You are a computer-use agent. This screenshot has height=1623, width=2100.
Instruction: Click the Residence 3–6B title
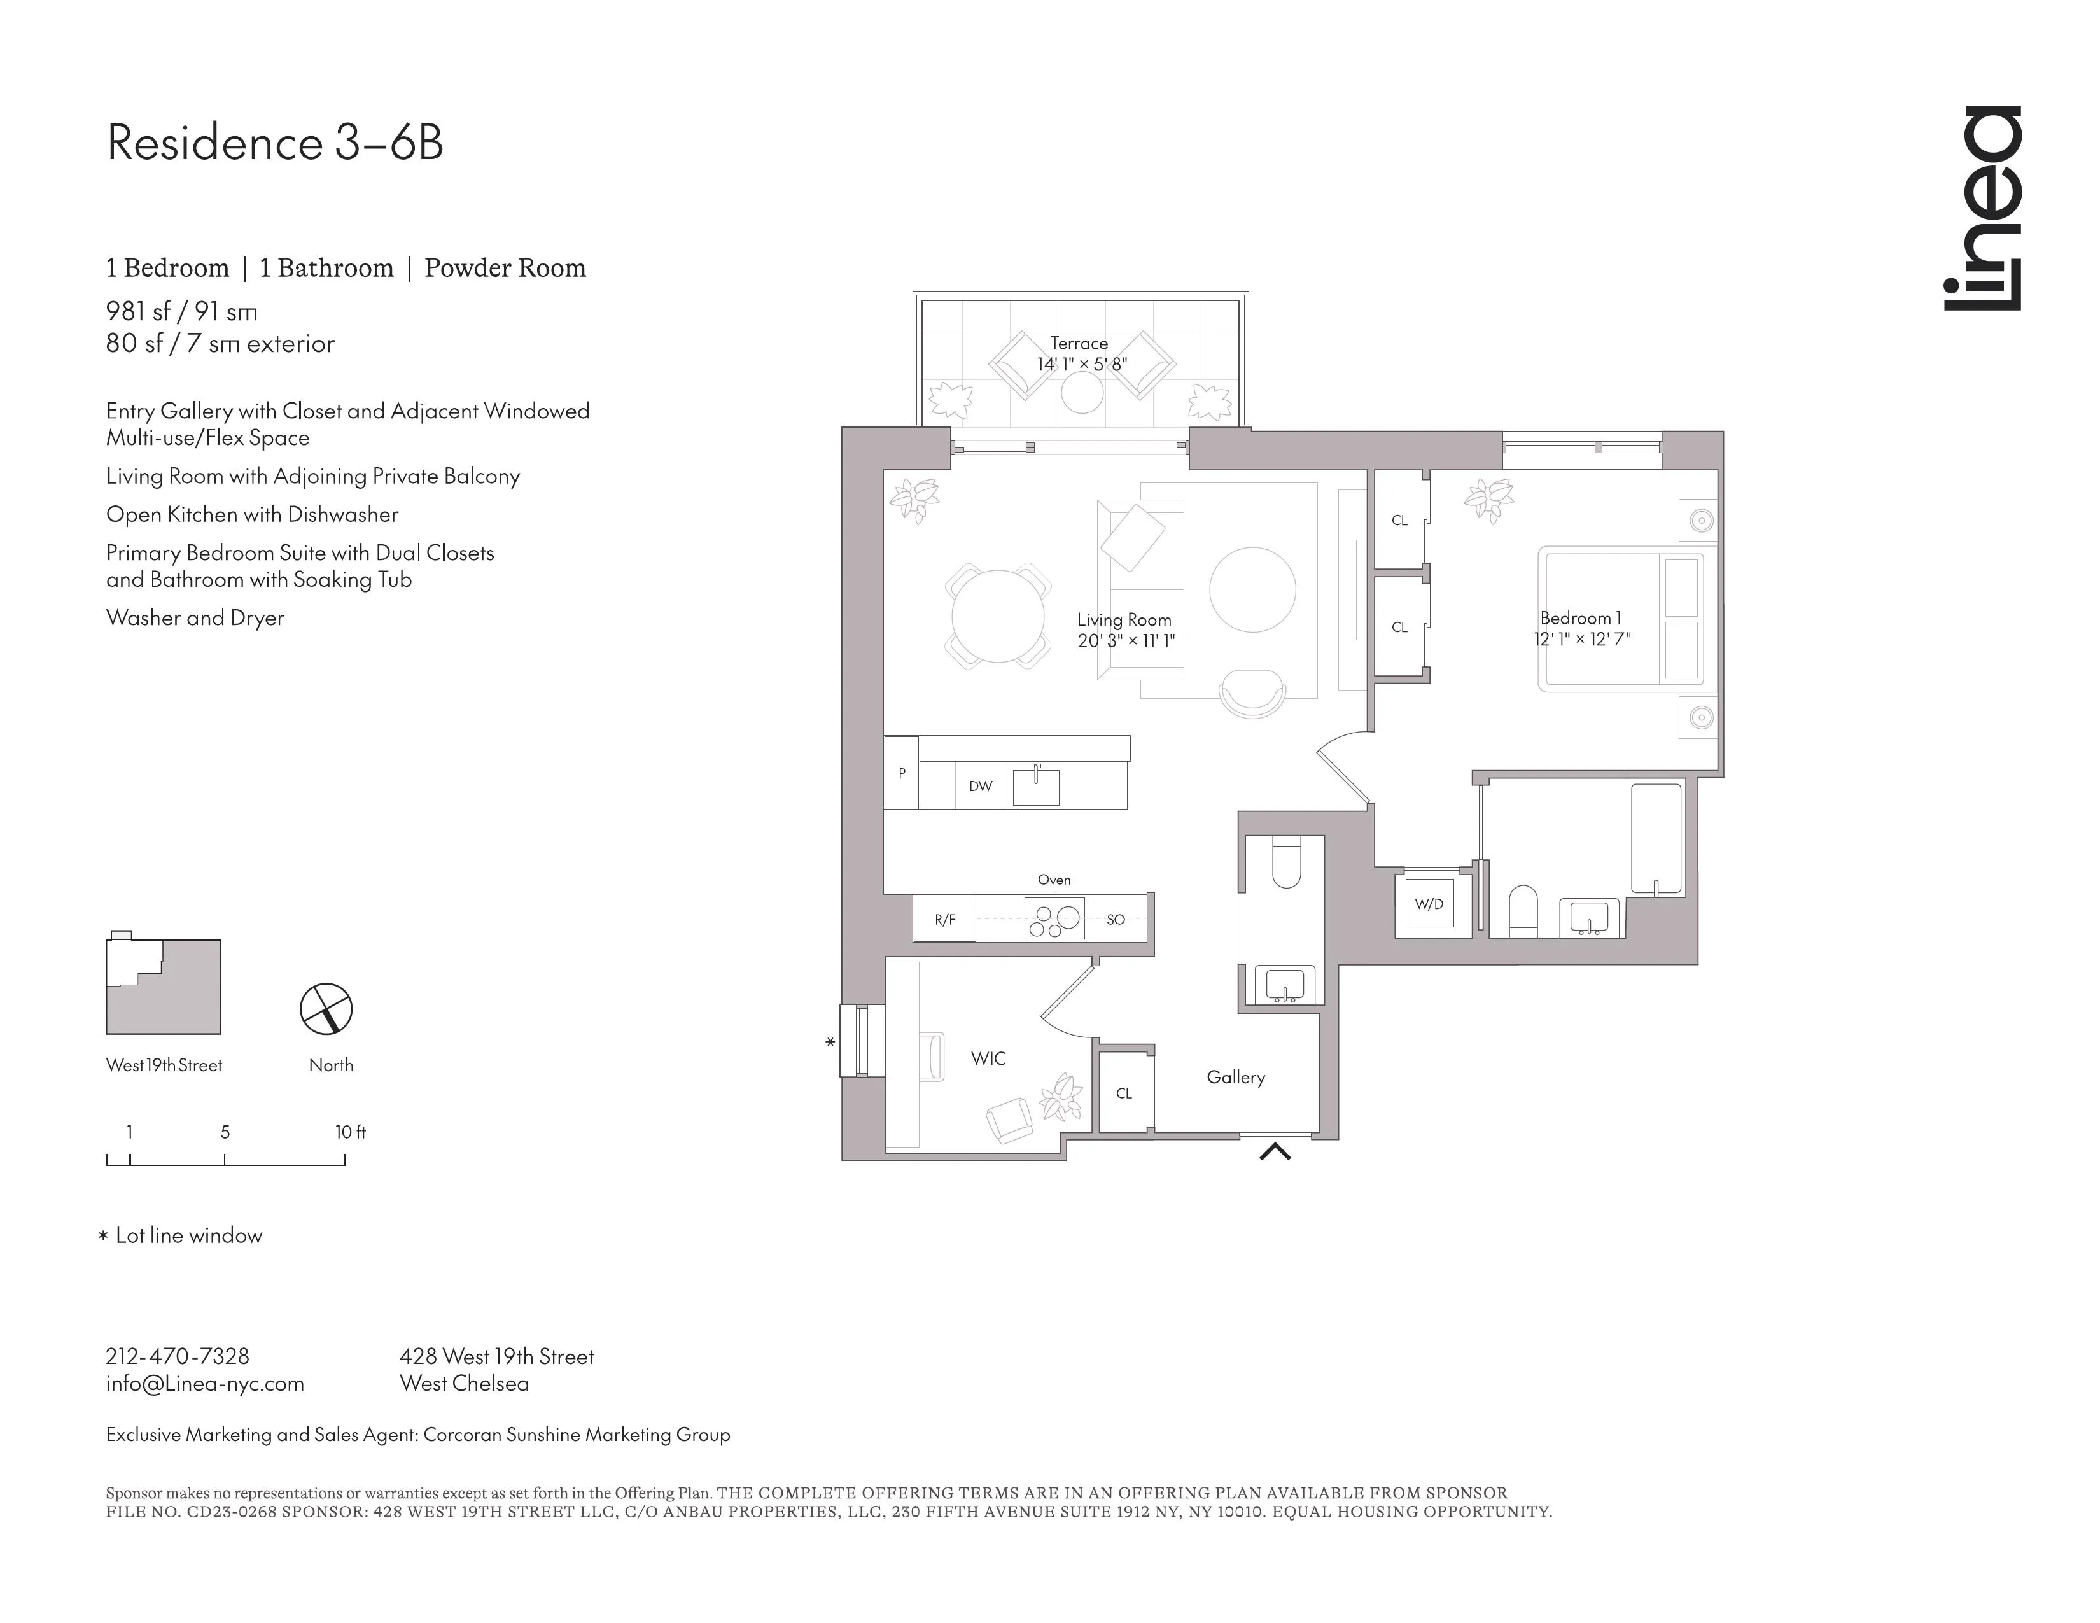275,143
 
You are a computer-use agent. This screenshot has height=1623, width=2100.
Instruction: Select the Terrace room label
1079,343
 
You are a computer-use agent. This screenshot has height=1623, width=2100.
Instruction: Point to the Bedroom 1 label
1580,618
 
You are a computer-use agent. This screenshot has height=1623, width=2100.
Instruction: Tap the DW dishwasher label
980,787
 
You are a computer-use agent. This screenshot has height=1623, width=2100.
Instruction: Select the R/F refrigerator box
945,919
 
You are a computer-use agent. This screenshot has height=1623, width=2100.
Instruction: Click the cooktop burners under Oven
1054,918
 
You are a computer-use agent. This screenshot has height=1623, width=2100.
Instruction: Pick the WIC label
988,1058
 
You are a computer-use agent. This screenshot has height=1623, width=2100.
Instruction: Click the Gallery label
1236,1078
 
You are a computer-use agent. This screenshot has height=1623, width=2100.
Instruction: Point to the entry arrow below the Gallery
1275,1151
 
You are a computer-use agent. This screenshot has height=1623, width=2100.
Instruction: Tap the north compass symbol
326,1009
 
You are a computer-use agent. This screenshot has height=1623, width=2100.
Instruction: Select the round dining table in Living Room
997,616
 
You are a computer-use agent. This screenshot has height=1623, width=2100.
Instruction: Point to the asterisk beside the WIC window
830,1043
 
